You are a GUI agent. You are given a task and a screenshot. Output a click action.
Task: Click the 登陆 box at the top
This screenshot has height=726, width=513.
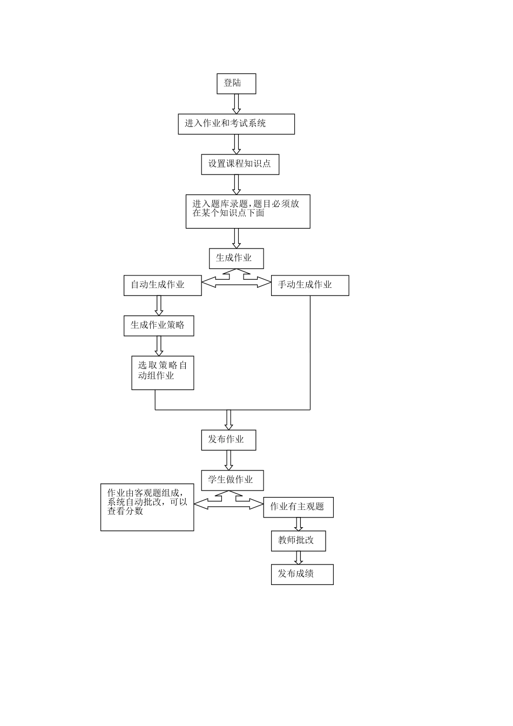[x=236, y=84]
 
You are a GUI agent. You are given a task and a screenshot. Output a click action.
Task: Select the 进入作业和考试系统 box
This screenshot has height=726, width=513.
[x=236, y=124]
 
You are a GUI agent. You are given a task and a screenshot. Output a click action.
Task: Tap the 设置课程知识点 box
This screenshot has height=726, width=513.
[x=240, y=164]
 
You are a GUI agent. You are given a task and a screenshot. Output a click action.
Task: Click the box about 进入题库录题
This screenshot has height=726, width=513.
[x=248, y=211]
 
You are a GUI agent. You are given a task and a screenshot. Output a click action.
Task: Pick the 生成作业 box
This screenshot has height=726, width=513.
[x=236, y=258]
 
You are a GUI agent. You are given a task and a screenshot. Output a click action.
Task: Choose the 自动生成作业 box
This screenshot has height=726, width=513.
[x=162, y=285]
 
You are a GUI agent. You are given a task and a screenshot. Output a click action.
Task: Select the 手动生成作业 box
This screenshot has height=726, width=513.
[x=309, y=285]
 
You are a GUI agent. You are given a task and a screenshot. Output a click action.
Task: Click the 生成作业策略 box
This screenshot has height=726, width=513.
[x=158, y=326]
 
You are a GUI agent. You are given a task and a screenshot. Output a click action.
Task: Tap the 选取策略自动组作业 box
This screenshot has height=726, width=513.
[x=163, y=372]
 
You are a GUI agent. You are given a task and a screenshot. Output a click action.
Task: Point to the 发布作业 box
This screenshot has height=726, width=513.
[x=228, y=440]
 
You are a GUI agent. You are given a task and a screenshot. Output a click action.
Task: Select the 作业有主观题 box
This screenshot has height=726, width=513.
[x=298, y=507]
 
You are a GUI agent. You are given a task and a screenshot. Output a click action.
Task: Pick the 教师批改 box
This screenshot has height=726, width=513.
[x=298, y=541]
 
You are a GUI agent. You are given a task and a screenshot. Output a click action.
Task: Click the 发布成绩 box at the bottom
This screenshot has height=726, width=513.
[x=302, y=574]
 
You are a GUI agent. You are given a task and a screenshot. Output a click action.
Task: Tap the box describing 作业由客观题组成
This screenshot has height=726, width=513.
[x=147, y=507]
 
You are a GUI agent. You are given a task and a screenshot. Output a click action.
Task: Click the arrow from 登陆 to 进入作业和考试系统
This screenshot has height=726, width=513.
[x=236, y=104]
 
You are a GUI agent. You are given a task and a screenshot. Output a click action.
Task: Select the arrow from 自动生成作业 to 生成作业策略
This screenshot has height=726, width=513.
[x=159, y=305]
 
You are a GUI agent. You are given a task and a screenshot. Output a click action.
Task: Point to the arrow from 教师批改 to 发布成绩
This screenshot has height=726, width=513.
[x=298, y=558]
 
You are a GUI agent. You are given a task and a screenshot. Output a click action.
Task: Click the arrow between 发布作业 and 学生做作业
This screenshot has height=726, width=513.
[x=228, y=460]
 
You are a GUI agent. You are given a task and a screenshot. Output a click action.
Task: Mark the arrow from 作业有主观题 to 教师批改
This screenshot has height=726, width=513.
[x=298, y=524]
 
